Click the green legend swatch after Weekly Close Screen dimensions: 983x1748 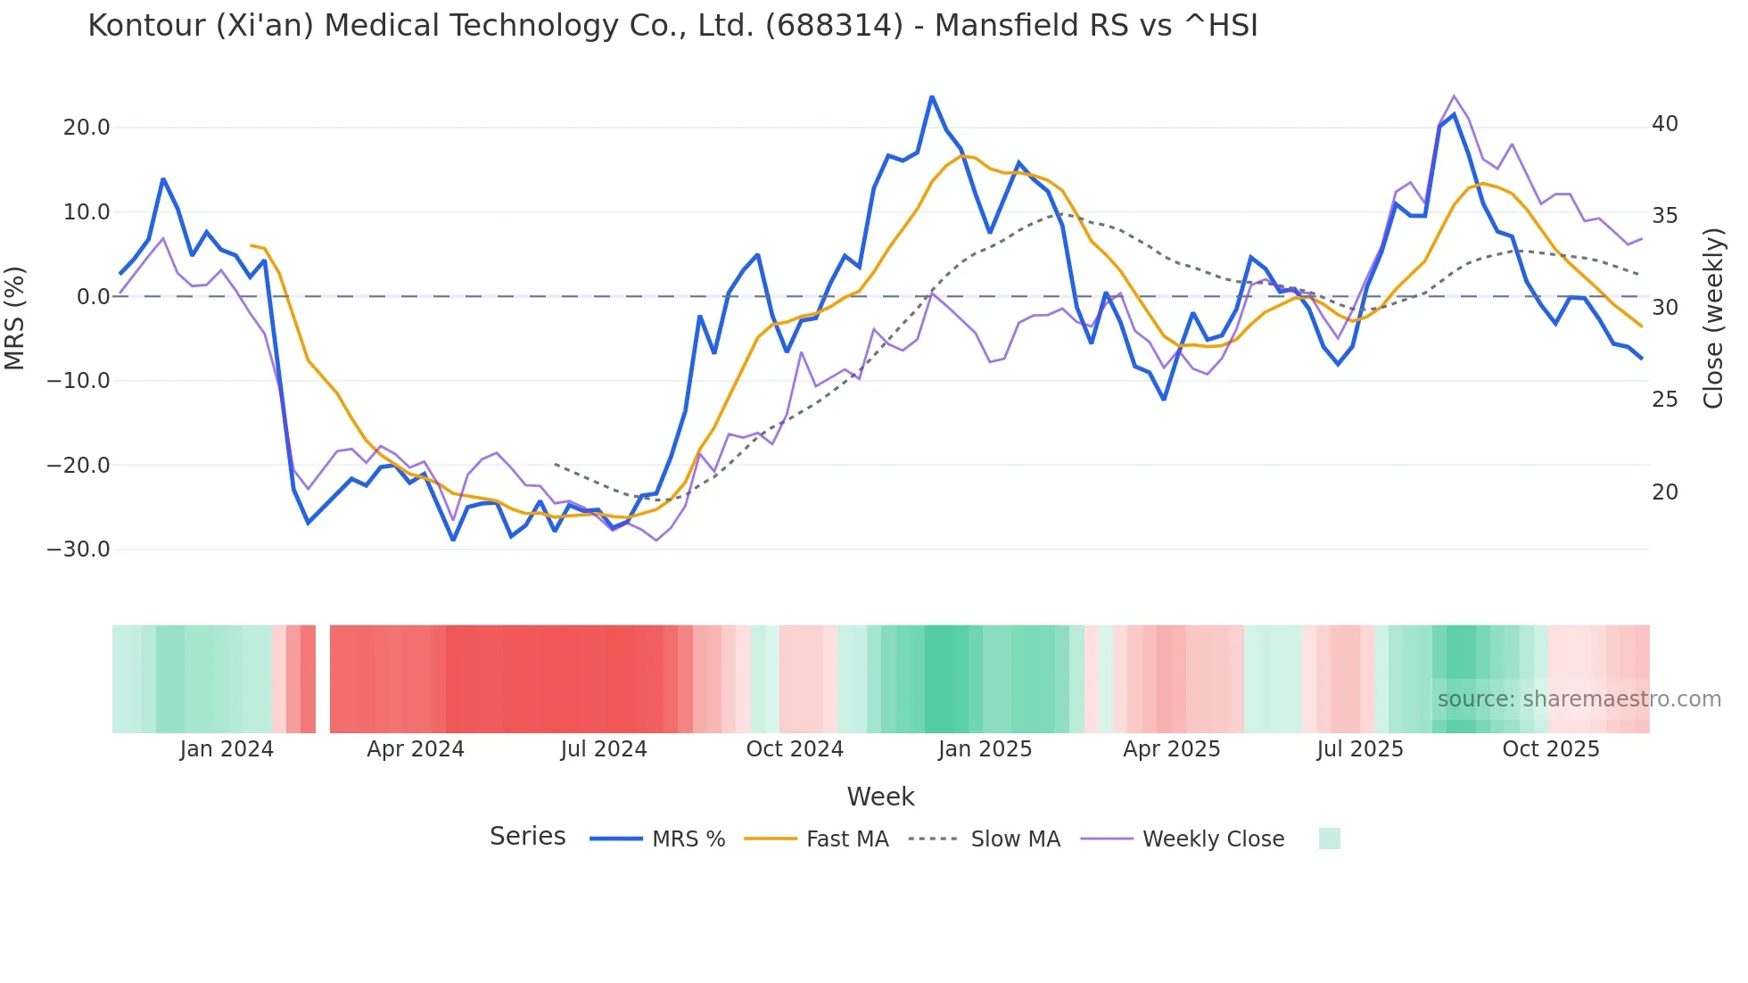click(x=1329, y=838)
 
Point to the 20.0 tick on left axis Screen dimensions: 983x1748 click(x=87, y=128)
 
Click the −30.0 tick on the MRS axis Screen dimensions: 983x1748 click(x=78, y=549)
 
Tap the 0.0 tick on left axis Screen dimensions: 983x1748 click(x=94, y=297)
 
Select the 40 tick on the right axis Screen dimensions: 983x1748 click(x=1664, y=124)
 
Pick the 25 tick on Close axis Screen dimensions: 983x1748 click(x=1664, y=400)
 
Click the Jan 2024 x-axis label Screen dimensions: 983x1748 click(x=227, y=749)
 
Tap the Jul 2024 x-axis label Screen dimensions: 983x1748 click(x=604, y=749)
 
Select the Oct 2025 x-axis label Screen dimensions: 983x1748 click(x=1551, y=749)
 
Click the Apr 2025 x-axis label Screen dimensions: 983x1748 click(x=1171, y=749)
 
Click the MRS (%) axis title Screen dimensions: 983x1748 click(x=15, y=318)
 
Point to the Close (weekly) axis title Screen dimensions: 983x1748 click(x=1713, y=318)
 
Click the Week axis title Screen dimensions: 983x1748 click(x=880, y=797)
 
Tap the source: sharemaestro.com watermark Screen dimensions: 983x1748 click(x=1579, y=699)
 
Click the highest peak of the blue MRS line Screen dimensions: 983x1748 click(x=932, y=96)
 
